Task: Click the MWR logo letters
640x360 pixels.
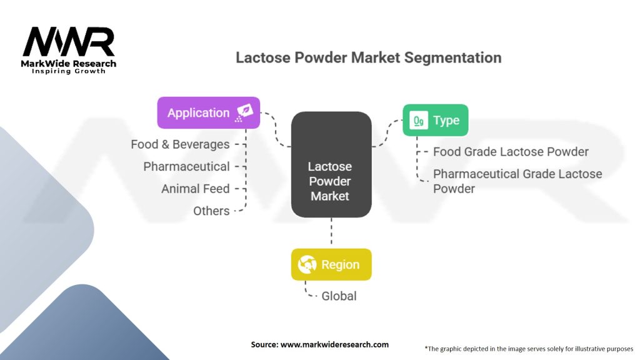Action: (x=69, y=42)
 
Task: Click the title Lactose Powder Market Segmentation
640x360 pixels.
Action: (x=368, y=57)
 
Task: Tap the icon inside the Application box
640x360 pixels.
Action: (x=244, y=112)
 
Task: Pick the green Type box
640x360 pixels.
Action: (x=435, y=121)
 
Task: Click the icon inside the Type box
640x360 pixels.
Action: (x=418, y=121)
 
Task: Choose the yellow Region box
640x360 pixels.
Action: (x=331, y=264)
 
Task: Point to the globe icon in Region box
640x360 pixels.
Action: (x=307, y=264)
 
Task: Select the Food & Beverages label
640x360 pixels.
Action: (x=180, y=144)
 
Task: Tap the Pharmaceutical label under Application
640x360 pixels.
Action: (x=186, y=166)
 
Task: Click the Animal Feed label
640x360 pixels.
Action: (x=195, y=189)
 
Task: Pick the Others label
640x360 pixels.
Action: (x=211, y=211)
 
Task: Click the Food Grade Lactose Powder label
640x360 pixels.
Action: (x=511, y=152)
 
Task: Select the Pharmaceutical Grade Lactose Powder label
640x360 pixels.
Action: (x=517, y=181)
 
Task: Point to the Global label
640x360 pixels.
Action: (x=339, y=296)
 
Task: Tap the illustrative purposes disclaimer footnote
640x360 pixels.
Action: (x=529, y=348)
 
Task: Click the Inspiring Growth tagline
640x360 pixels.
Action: (x=69, y=71)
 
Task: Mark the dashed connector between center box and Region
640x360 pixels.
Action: (x=331, y=232)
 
